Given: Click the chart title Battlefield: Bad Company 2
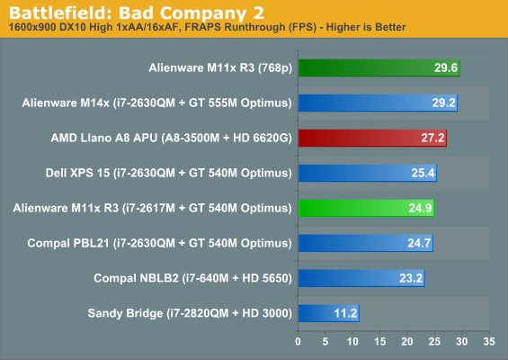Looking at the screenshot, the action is [x=137, y=13].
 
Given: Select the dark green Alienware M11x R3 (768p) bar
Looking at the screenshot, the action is [x=379, y=67].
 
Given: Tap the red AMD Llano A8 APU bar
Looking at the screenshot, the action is [x=372, y=138].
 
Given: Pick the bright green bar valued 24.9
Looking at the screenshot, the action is [x=366, y=208].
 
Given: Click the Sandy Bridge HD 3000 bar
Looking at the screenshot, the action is [x=329, y=313].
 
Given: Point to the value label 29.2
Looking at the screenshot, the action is [x=443, y=103].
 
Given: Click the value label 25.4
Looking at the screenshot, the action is [x=423, y=173].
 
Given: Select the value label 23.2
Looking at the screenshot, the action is [x=411, y=278].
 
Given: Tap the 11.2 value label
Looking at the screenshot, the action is [x=345, y=313].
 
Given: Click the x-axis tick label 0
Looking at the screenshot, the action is [x=299, y=341].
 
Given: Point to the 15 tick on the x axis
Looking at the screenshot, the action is [x=380, y=341].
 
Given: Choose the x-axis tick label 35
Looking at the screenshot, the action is [x=489, y=341].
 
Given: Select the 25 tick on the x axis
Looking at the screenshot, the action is [x=434, y=341].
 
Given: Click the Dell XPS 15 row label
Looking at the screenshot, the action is [x=168, y=173].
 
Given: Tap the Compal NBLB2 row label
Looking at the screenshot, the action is [x=192, y=278].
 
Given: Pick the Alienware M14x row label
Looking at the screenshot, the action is [x=156, y=103].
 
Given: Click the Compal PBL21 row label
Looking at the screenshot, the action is [x=159, y=243].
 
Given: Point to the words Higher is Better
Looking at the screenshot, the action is [x=366, y=27].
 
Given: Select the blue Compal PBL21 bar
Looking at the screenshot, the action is [x=366, y=243].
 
